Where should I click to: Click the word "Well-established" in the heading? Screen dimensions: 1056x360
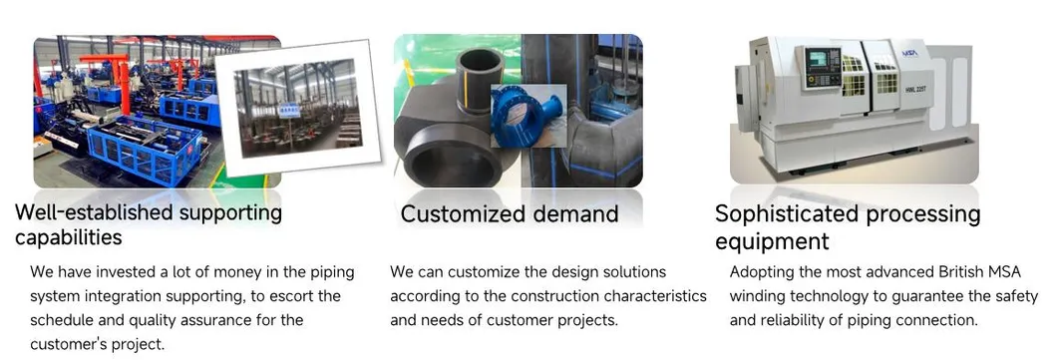(x=86, y=212)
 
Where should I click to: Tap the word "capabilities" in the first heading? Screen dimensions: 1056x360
(x=69, y=237)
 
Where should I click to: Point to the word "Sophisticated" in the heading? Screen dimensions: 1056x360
(x=787, y=214)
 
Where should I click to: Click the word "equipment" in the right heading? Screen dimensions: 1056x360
(x=772, y=241)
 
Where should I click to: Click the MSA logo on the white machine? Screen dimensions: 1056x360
(x=909, y=53)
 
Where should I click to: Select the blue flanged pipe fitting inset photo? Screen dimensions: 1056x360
(x=528, y=115)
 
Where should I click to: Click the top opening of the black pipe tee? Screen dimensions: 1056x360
(x=480, y=57)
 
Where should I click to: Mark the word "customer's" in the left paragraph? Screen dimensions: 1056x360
(x=66, y=344)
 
